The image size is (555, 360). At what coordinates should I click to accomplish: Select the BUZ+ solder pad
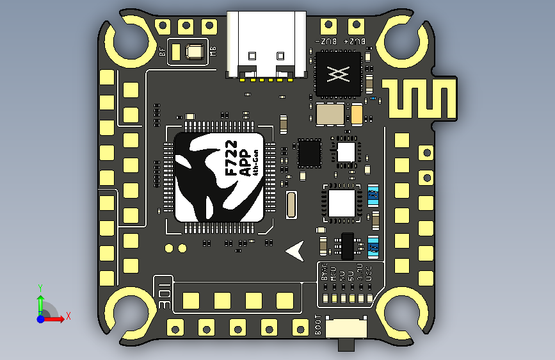(355, 26)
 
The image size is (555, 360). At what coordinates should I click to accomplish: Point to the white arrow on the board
(295, 251)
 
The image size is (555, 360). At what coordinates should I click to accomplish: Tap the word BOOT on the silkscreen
(320, 327)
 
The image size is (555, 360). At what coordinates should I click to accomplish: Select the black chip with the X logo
(339, 74)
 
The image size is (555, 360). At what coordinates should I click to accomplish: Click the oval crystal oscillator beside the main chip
(292, 205)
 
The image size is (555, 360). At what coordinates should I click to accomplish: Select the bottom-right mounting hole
(403, 310)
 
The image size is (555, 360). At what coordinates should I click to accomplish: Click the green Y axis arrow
(40, 301)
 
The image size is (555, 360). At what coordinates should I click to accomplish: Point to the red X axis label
(68, 316)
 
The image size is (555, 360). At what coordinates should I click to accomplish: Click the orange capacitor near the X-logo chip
(357, 115)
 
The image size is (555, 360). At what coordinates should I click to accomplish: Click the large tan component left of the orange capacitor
(332, 114)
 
